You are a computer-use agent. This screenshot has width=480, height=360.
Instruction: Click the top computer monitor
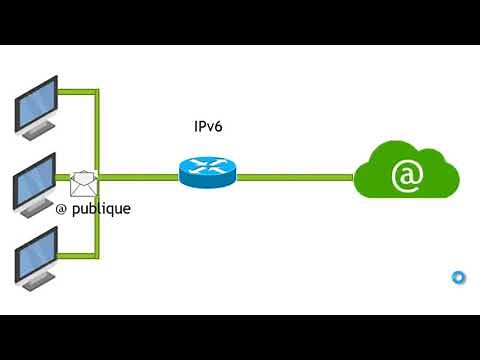(x=35, y=104)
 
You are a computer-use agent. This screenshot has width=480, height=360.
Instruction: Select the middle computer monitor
(x=35, y=181)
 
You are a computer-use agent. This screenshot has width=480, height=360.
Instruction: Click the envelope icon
(x=85, y=183)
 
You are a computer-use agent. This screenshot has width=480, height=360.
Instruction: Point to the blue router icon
(x=206, y=171)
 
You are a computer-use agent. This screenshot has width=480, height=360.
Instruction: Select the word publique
(x=100, y=210)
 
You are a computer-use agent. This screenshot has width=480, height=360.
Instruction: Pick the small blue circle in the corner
(x=458, y=277)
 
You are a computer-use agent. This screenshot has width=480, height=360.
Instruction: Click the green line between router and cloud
(x=295, y=177)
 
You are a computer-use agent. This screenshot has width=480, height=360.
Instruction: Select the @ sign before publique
(x=61, y=210)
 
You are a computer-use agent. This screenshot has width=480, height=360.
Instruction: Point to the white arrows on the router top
(x=206, y=166)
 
